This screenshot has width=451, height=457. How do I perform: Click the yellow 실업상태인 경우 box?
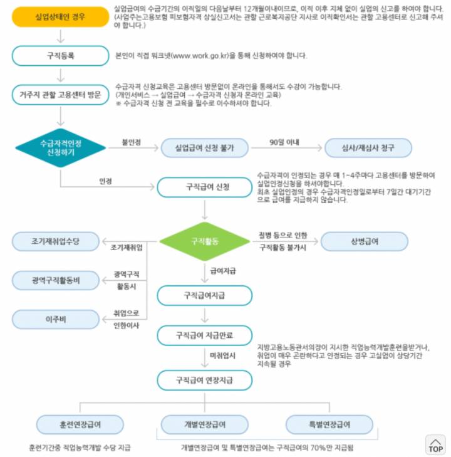60,16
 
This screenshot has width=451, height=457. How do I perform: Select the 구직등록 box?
60,55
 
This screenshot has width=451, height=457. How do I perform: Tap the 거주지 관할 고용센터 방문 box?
60,95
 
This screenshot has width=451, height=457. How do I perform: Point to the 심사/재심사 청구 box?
368,148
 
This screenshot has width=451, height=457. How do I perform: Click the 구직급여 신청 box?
204,187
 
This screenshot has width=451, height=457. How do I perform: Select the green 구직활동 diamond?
205,241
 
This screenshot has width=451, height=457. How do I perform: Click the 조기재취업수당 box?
56,241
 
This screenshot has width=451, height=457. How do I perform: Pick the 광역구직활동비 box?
56,280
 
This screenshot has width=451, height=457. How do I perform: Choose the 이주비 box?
56,319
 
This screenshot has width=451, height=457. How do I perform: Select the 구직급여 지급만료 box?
204,335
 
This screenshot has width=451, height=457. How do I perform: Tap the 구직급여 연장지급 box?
204,379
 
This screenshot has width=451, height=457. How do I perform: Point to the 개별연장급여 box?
204,424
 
